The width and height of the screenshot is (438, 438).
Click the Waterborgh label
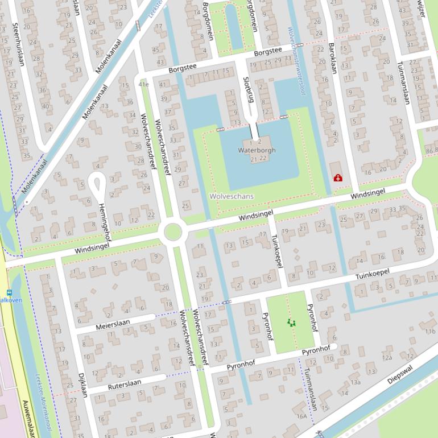[257, 150]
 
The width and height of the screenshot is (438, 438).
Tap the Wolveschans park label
[232, 196]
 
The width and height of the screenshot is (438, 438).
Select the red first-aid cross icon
[338, 178]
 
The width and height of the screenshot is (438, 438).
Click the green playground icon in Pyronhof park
[291, 323]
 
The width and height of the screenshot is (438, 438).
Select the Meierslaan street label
[113, 324]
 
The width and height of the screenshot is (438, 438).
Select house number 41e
[143, 84]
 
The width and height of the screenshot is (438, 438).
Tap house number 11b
[429, 331]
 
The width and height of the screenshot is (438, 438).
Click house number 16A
[301, 416]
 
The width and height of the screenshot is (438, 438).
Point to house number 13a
[356, 382]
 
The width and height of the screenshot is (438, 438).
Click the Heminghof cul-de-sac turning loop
[97, 183]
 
